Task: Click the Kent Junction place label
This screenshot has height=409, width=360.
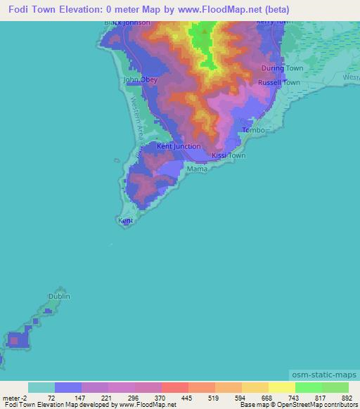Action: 178,146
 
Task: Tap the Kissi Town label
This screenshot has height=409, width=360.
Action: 229,155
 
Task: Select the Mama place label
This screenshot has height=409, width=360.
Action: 196,169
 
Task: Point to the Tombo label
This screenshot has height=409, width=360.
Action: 253,131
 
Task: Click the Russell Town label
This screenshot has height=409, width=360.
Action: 279,82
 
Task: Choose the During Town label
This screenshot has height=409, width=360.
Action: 282,68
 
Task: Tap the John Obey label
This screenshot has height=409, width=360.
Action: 141,80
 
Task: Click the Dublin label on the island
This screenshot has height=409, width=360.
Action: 59,297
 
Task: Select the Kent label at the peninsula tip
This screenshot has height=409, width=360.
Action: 126,221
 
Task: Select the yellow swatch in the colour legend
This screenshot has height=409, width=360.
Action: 281,387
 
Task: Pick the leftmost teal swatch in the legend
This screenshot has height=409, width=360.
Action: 41,387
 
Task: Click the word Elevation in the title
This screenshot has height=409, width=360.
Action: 82,10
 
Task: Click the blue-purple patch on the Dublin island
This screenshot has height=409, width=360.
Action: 19,340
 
